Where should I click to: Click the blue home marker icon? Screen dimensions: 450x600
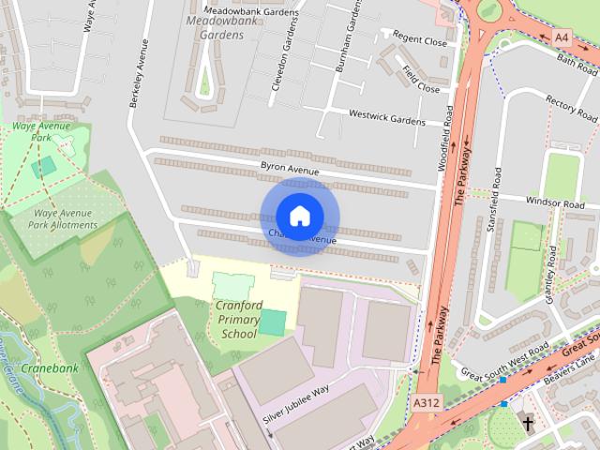coord(299,216)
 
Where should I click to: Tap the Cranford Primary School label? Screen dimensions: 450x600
coord(237,319)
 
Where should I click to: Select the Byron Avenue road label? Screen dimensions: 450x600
coord(291,171)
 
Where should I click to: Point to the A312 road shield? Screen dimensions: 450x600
coord(426,400)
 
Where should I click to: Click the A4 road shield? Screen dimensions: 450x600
coord(561,37)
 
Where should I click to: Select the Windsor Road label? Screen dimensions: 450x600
coord(555,202)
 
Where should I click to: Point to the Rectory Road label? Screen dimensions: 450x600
coord(570,109)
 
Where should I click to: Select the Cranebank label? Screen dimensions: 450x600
coord(50,367)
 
